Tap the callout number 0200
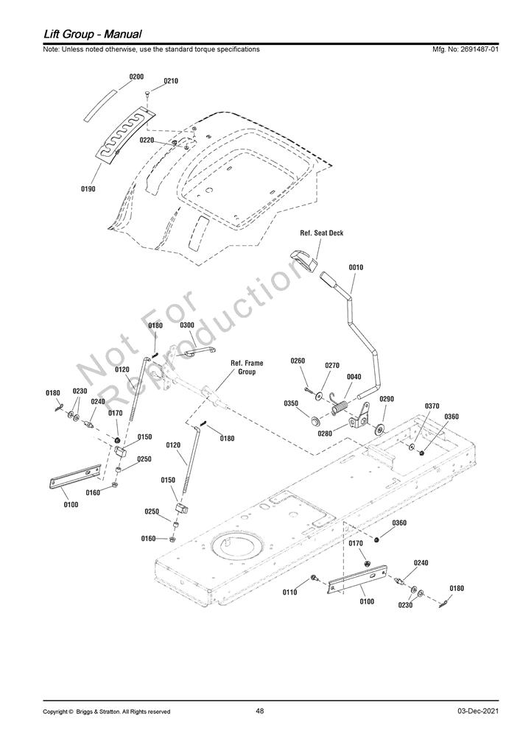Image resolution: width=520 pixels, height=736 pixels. (136, 77)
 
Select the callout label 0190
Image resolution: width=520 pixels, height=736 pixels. (88, 189)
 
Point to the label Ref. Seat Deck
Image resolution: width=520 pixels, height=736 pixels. (321, 233)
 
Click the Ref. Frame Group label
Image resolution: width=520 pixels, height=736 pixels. (247, 367)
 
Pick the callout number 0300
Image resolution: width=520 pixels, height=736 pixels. (187, 325)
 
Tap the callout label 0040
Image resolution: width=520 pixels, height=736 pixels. (354, 376)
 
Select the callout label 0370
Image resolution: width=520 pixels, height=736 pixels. (432, 406)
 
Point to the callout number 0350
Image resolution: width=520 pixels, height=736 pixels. (291, 403)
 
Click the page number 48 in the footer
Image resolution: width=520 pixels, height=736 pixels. (259, 711)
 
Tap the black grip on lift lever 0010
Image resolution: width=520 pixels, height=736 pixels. (327, 280)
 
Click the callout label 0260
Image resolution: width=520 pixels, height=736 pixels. (298, 361)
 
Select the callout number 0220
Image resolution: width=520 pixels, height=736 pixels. (147, 140)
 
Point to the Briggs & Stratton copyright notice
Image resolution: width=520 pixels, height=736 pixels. (107, 712)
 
